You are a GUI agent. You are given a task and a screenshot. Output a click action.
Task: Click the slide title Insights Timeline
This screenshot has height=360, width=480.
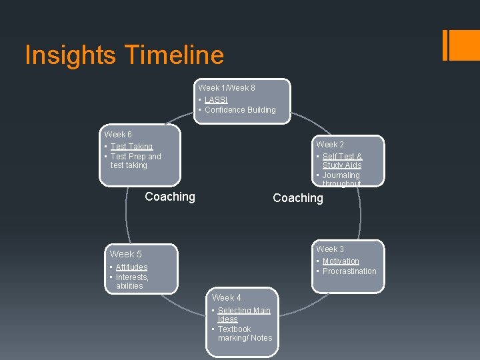point(124,55)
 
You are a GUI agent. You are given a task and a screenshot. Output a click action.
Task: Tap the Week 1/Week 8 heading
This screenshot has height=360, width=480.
point(226,88)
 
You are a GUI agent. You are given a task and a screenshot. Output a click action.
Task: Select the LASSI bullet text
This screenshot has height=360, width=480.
point(216,99)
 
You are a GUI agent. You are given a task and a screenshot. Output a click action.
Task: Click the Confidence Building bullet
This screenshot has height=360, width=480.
point(240,110)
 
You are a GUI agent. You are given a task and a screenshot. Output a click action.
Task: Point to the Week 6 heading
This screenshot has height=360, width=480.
point(118,135)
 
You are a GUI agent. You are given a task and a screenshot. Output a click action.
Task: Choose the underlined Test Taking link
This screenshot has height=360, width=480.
point(131,147)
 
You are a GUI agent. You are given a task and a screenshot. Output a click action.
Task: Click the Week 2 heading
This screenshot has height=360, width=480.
point(330,145)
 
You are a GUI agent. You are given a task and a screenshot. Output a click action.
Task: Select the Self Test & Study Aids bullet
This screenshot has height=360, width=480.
point(342,161)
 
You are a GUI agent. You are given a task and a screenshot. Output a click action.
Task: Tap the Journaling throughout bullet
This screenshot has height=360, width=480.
point(341,179)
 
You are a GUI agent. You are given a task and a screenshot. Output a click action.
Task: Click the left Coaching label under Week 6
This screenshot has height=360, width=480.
point(170,197)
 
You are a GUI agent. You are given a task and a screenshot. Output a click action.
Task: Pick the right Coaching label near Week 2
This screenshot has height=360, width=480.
point(298,198)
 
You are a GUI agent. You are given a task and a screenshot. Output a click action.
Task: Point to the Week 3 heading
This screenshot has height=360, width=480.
point(330,249)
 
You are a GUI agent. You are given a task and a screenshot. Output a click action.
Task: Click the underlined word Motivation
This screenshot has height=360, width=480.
point(341,261)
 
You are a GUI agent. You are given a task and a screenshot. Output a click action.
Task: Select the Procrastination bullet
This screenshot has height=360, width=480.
point(349,271)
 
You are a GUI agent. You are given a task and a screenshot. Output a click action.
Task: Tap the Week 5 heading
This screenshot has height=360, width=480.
point(126,254)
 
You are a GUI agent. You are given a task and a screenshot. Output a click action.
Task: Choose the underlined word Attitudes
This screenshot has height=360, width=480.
point(131,267)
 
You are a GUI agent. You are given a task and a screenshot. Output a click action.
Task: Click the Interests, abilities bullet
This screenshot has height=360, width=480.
point(131,281)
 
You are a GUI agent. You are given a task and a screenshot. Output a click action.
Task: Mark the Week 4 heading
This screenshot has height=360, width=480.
point(227,298)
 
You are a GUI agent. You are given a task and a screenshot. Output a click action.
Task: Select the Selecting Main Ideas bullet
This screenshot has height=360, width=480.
point(243,315)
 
